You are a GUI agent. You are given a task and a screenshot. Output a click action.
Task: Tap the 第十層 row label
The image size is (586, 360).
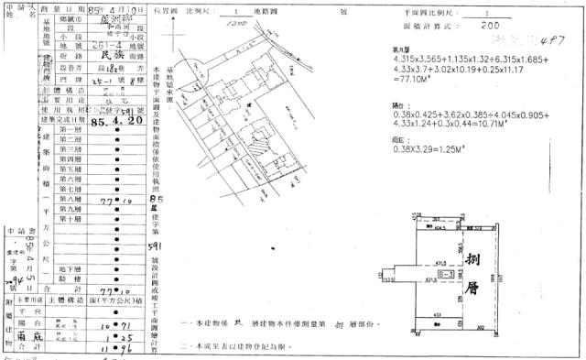70,219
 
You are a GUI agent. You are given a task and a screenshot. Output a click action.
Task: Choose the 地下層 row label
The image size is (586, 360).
70,269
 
